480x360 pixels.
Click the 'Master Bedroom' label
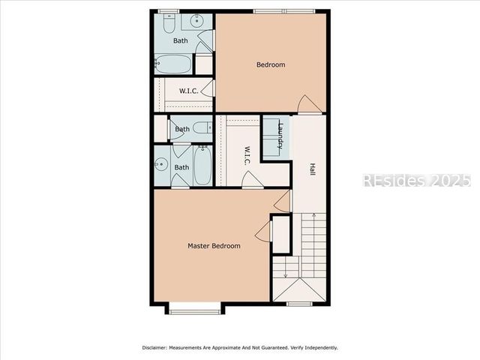click(214, 246)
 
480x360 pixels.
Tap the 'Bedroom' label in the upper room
click(271, 64)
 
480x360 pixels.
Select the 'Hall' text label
click(311, 170)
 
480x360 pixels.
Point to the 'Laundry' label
click(280, 136)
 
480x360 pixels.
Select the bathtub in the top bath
click(173, 63)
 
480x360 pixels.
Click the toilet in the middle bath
click(203, 128)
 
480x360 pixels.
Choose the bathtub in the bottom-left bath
click(203, 166)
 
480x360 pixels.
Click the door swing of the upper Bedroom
click(307, 105)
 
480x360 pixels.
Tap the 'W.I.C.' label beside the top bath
click(187, 91)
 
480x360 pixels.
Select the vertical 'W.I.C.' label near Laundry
click(245, 155)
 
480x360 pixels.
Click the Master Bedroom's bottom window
click(194, 306)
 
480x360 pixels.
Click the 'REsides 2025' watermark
click(416, 181)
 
